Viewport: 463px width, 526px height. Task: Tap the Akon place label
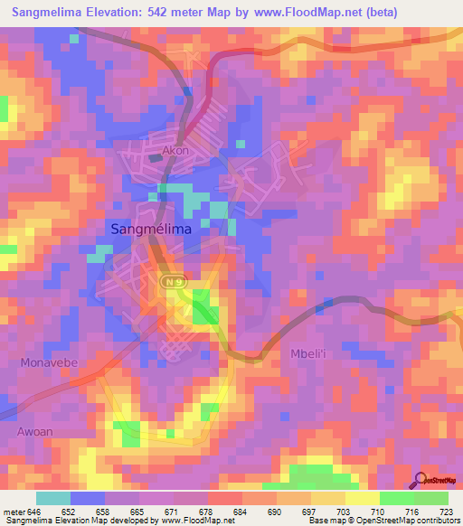pos(175,151)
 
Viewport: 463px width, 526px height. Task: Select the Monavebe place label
pos(47,362)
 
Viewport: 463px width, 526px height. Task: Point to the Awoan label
pos(35,431)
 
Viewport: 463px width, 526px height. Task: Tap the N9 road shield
pos(175,283)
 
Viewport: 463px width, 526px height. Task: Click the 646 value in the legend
pos(35,511)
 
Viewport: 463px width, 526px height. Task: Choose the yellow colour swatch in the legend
pos(363,498)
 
